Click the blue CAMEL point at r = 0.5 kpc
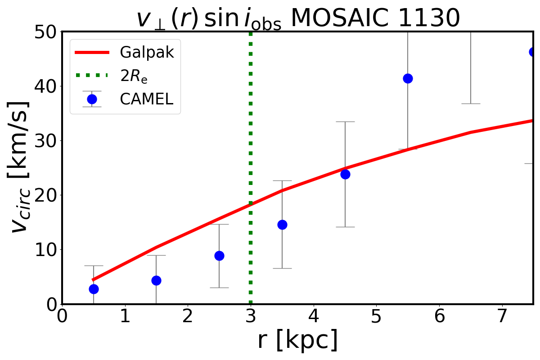[x=94, y=289]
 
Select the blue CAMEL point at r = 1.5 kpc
[x=156, y=280]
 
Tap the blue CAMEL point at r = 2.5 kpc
[x=219, y=256]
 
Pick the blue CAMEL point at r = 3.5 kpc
[x=282, y=225]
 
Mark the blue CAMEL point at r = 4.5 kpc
[x=345, y=174]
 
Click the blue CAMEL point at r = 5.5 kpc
[x=408, y=78]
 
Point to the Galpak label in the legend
[x=147, y=53]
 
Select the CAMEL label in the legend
[x=146, y=99]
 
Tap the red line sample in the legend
[x=92, y=53]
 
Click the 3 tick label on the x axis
[x=251, y=316]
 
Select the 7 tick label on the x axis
[x=502, y=316]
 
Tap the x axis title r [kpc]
[x=297, y=341]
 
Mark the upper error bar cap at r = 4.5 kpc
[x=345, y=121]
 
